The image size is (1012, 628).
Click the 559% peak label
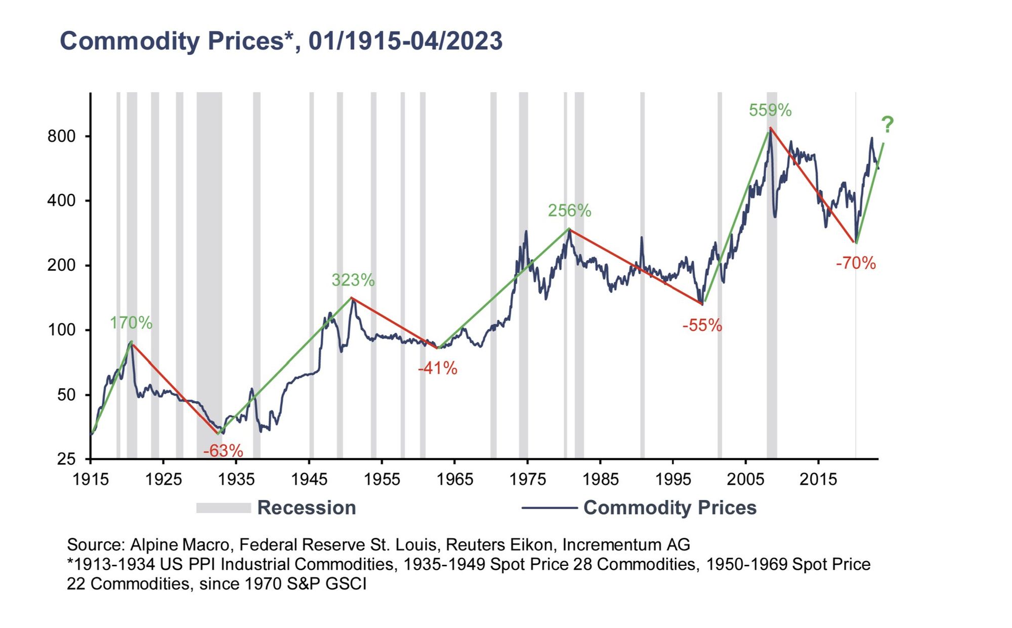click(770, 110)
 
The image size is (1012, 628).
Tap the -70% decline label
click(855, 263)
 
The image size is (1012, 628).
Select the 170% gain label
click(131, 323)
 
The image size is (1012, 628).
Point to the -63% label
click(223, 450)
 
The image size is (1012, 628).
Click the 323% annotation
click(353, 280)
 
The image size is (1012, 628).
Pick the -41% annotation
click(437, 368)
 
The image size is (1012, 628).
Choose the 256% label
click(569, 211)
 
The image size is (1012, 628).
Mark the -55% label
click(702, 325)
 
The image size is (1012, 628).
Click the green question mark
click(887, 124)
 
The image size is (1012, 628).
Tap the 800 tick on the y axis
click(61, 136)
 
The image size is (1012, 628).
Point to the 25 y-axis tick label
click(66, 459)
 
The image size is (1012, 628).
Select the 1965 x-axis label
click(454, 479)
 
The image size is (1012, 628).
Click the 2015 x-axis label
click(818, 479)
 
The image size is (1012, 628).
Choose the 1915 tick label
click(91, 479)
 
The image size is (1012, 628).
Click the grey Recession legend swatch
click(223, 508)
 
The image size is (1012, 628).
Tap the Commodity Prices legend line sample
click(549, 508)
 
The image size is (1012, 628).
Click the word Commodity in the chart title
click(130, 41)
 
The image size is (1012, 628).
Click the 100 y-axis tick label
click(61, 330)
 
